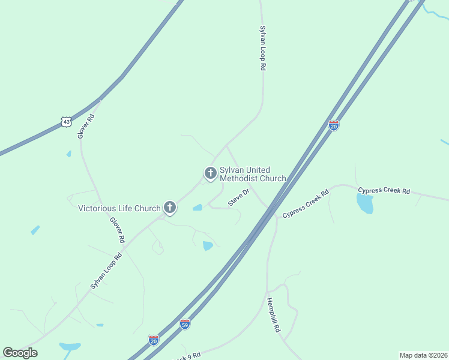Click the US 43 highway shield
(66, 121)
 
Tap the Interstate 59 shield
(185, 324)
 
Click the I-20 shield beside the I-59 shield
(154, 340)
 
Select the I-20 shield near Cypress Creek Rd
(334, 125)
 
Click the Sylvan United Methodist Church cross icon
(210, 173)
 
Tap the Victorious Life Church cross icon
(170, 208)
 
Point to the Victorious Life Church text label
(119, 209)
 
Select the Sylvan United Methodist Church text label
(253, 174)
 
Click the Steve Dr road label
(238, 199)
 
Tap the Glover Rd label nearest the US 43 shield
(86, 126)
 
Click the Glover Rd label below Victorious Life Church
(117, 230)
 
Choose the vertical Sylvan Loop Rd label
(262, 48)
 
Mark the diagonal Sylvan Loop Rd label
(106, 271)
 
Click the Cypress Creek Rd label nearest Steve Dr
(306, 204)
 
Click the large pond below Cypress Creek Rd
(364, 204)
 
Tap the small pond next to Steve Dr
(197, 208)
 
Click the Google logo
(20, 353)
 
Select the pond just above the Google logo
(70, 346)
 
